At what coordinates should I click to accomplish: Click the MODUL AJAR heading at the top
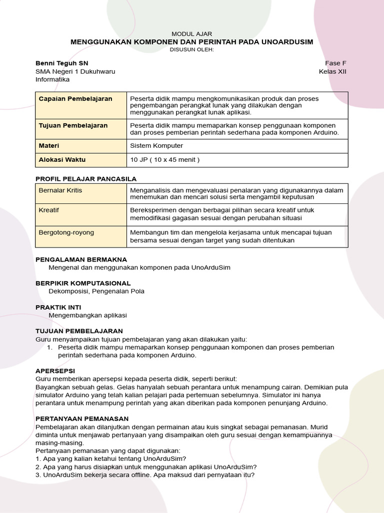coord(192,34)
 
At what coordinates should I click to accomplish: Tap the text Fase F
coord(335,63)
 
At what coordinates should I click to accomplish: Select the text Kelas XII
coord(332,71)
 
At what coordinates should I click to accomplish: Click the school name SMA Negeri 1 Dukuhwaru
coord(75,71)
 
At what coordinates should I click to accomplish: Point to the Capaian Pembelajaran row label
coord(75,99)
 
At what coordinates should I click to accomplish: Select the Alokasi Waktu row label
coord(62,160)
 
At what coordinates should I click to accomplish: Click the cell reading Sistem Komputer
coord(156,146)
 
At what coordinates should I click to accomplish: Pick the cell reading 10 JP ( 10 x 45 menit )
coord(164,160)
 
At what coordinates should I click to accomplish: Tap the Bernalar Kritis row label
coord(60,190)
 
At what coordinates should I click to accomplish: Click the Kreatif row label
coord(49,210)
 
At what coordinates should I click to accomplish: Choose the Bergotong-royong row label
coord(66,232)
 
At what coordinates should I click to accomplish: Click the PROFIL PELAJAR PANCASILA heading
coord(86,179)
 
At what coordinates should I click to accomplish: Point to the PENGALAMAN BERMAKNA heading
coord(81,260)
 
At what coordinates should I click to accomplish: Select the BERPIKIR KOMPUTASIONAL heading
coord(83,283)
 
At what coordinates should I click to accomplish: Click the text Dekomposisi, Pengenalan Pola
coord(96,291)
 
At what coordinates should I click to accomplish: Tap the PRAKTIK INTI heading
coord(58,307)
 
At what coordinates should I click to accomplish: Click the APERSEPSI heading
coord(55,371)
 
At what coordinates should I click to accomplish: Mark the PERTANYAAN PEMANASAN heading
coord(82,418)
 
